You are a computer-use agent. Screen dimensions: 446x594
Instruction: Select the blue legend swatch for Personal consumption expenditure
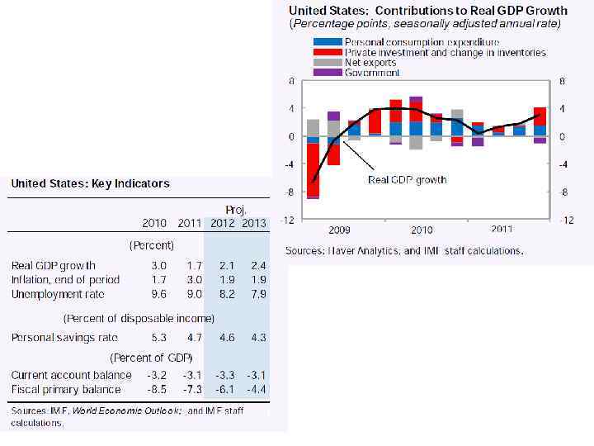click(x=328, y=41)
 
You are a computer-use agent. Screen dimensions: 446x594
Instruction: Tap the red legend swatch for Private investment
click(x=328, y=52)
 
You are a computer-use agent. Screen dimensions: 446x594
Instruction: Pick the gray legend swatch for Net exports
click(x=328, y=62)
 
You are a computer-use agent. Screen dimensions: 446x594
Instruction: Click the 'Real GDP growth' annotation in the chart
click(x=408, y=179)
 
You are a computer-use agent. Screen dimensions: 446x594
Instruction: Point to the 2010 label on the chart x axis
click(x=422, y=230)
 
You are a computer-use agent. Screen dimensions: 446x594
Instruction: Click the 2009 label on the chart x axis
click(x=341, y=230)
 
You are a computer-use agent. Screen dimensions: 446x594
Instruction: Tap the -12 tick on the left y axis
click(x=288, y=221)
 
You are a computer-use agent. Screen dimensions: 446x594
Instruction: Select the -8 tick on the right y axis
click(x=563, y=192)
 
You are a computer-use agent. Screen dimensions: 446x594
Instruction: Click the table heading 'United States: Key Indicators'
click(x=90, y=183)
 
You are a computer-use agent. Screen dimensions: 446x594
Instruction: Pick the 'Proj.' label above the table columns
click(x=237, y=210)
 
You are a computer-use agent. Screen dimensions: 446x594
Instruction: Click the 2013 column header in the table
click(x=254, y=223)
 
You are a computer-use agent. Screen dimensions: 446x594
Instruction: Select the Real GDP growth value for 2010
click(x=158, y=265)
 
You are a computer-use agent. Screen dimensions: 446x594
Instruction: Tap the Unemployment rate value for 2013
click(x=258, y=294)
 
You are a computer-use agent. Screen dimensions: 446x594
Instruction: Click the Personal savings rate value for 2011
click(x=194, y=337)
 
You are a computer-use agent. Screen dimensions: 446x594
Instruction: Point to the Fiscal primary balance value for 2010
click(x=157, y=389)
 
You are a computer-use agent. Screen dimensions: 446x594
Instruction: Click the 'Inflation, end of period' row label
click(x=65, y=279)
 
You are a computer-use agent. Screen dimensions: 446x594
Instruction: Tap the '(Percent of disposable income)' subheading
click(x=139, y=318)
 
